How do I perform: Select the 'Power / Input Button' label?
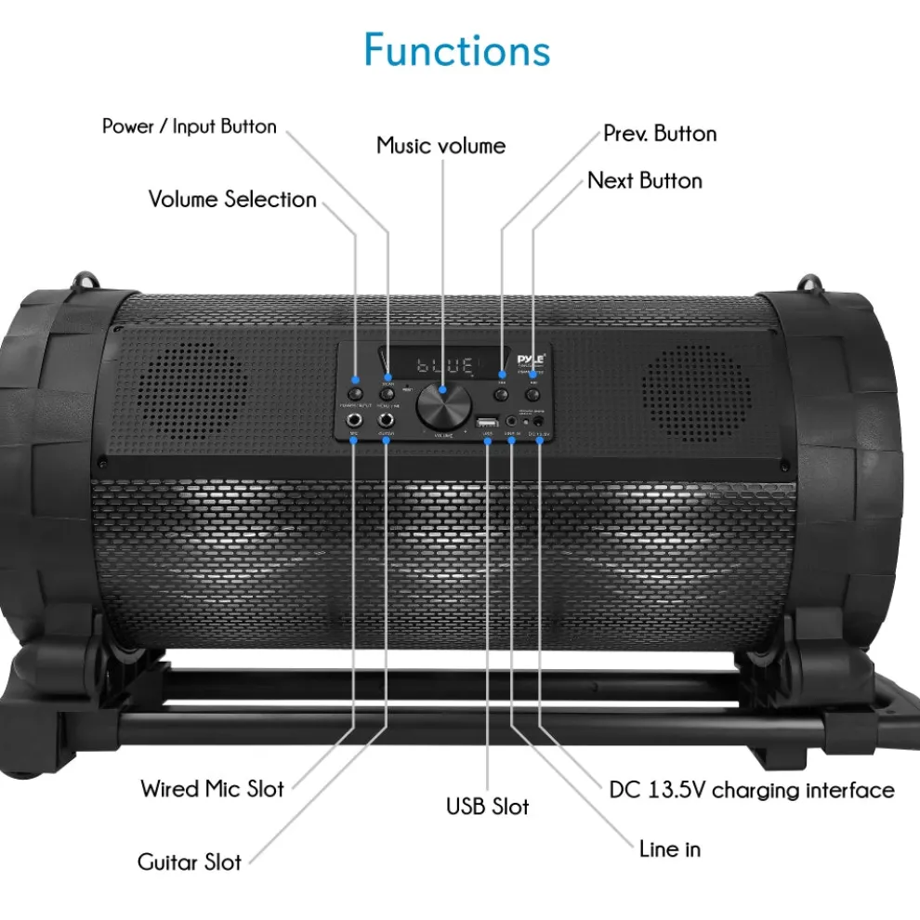[x=190, y=126]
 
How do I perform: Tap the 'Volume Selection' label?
[x=232, y=199]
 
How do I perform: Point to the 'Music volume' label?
[x=441, y=146]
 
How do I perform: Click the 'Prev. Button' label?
[x=660, y=133]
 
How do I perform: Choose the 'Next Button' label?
[x=645, y=180]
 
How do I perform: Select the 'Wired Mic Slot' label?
[x=213, y=789]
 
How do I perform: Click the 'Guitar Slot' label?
[x=190, y=861]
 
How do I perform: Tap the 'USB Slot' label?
[x=487, y=806]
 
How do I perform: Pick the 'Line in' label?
[x=670, y=848]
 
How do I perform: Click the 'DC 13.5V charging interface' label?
[x=752, y=790]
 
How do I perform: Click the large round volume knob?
[x=441, y=403]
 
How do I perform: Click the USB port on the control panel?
[x=487, y=425]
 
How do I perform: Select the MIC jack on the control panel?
[x=355, y=419]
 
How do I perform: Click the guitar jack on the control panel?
[x=386, y=419]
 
